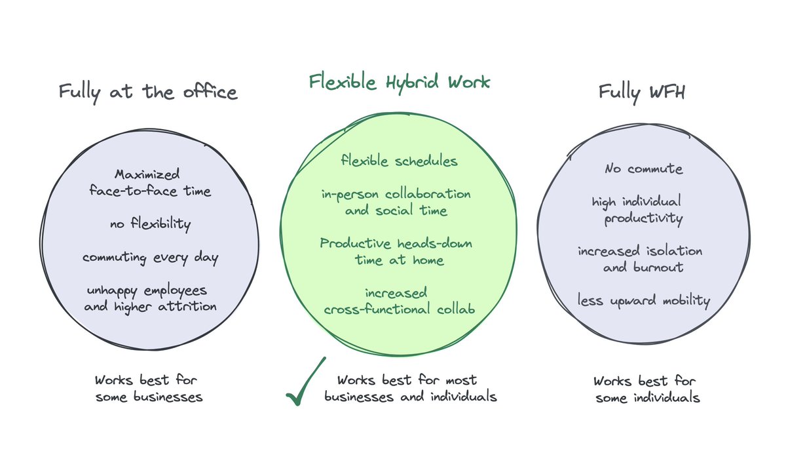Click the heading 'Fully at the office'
(x=147, y=91)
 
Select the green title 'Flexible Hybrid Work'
(x=400, y=82)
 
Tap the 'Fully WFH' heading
(x=641, y=91)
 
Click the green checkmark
(x=305, y=382)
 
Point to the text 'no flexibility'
(x=150, y=225)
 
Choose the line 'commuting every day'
(x=150, y=258)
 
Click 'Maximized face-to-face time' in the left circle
(x=150, y=183)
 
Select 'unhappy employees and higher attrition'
(x=150, y=298)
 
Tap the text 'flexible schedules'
(x=399, y=161)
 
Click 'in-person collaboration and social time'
(x=396, y=203)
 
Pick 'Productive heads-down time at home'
(x=396, y=252)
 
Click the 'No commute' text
(x=643, y=169)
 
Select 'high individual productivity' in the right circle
(x=637, y=210)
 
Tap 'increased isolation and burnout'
(x=640, y=260)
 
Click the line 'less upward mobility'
(x=643, y=301)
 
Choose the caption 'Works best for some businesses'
(x=149, y=389)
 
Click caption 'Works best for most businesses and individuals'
(x=410, y=388)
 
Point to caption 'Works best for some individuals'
(x=647, y=389)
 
